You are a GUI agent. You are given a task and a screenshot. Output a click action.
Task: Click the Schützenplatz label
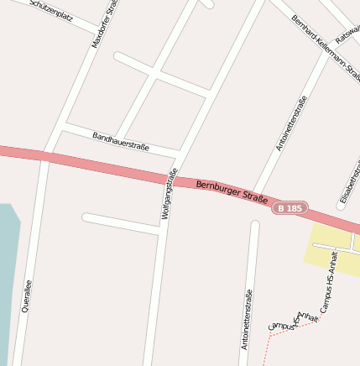coord(52,9)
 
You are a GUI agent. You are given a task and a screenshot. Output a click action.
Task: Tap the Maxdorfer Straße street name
coord(107,24)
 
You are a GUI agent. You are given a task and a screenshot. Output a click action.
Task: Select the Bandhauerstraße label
coord(121,140)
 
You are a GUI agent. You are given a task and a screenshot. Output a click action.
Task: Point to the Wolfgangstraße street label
coord(170,194)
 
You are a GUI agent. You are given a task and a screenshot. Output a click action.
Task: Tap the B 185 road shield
coord(290,207)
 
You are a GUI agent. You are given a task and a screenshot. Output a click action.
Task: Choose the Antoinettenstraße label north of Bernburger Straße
coord(291,123)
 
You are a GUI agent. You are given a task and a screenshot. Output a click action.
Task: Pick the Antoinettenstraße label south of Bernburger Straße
coord(246,319)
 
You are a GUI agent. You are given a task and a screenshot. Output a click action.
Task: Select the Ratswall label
coord(347,33)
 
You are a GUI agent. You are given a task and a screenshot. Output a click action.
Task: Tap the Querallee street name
coord(28,296)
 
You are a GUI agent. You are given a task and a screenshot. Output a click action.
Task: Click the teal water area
coord(7,269)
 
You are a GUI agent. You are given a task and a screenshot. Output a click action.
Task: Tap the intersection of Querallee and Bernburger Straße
coord(44,156)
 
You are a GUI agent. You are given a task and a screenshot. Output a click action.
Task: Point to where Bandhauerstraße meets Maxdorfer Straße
coord(65,127)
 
